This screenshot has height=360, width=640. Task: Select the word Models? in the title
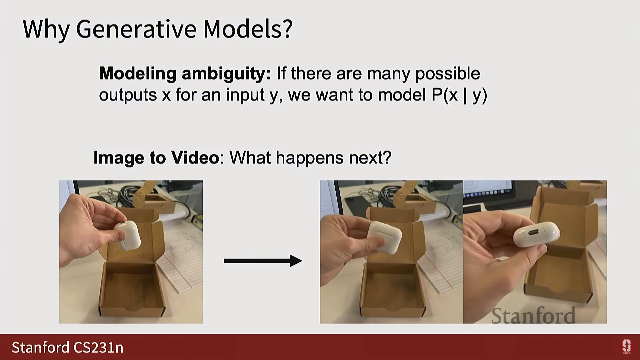248,29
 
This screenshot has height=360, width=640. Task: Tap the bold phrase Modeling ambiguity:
185,74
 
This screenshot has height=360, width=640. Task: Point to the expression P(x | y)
459,95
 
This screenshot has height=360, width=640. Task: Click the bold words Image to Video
156,158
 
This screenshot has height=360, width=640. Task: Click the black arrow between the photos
263,261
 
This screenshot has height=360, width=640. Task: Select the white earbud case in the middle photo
385,237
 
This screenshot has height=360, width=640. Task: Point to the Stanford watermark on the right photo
533,316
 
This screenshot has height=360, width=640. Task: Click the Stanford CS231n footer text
68,347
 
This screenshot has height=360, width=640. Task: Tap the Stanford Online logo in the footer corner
627,347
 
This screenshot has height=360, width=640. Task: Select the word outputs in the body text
128,95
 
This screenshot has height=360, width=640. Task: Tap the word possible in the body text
448,74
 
